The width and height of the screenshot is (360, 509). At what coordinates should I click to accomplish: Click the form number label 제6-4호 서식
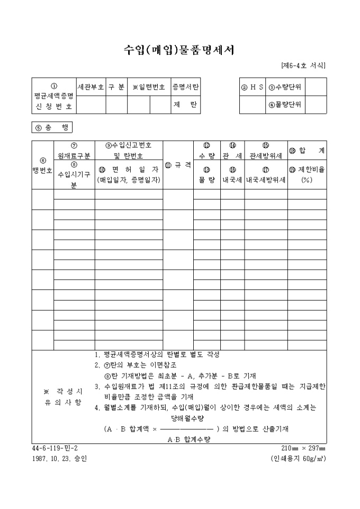coord(303,66)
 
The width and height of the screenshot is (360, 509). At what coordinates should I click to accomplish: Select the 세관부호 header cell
coord(91,87)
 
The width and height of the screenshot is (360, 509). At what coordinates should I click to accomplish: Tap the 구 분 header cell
coord(116,87)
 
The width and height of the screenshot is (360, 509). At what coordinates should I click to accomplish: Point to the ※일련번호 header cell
coord(149,87)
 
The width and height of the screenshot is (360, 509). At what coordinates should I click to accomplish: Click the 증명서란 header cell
coord(185,87)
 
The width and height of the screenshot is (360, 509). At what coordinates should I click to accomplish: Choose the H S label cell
coord(253,87)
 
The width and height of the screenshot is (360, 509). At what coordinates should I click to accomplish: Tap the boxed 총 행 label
coord(52,128)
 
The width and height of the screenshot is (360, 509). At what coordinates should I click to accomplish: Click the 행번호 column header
coord(42,166)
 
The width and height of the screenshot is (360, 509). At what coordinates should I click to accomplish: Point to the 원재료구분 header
coord(74,151)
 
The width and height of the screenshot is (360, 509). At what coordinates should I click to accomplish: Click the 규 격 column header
coord(177,165)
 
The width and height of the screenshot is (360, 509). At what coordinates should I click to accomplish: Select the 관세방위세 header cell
coord(265,156)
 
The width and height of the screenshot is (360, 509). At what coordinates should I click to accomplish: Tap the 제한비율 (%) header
coord(307,175)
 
